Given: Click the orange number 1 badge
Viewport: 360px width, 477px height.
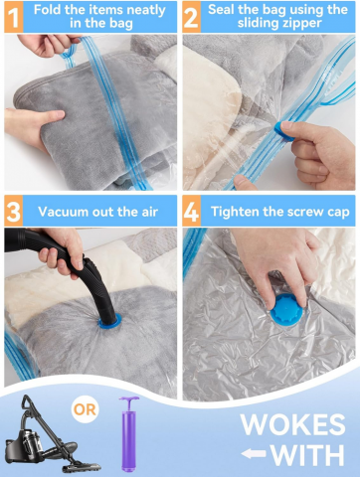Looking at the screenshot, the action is coord(13,17).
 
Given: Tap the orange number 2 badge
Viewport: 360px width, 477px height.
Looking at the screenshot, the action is coord(191,17).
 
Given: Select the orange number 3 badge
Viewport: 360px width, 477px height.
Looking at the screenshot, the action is coord(13,211).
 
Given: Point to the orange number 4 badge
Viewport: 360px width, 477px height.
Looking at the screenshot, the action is coord(191,211).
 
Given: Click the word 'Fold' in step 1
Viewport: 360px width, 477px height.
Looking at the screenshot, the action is coord(48,10).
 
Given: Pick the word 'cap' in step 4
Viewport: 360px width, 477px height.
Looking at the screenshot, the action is coord(338,213).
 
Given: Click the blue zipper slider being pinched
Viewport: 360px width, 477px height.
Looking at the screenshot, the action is coord(283,130).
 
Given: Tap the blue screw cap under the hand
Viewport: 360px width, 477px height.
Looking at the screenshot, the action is coord(286,310).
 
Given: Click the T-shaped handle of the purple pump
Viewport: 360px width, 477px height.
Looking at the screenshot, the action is coord(129,400).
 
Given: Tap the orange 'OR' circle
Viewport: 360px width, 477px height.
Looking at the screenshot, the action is coord(86,409).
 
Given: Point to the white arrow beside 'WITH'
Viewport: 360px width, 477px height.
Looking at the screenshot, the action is coord(254,453).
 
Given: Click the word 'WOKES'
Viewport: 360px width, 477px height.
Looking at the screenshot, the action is coord(293,424).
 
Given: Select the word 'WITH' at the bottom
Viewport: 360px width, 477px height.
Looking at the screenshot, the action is coord(307,455).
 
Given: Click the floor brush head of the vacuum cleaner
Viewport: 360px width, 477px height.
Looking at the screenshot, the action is coord(82,467).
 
